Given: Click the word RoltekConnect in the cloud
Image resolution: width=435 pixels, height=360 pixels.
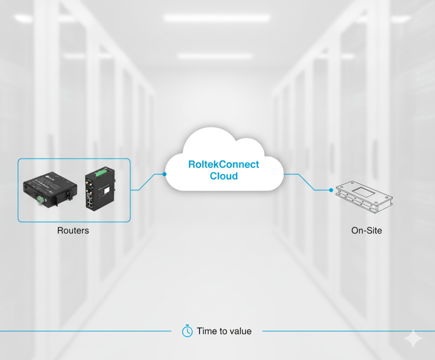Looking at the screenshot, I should pos(223,164).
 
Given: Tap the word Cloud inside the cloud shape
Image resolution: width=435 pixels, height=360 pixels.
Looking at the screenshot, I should pos(223,176).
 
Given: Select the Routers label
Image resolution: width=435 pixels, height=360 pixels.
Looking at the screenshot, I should pos(73,231).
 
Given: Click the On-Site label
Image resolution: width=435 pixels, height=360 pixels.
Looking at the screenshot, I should pos(366,231).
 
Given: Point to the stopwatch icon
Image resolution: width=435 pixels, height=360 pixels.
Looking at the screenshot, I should pos(187,331).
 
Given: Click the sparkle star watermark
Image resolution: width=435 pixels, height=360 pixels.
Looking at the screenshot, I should pos(413,338).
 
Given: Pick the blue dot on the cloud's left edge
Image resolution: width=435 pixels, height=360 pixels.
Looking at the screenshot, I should pos(164,174).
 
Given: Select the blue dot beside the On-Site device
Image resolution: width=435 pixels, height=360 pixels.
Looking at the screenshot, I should pos(330,190).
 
